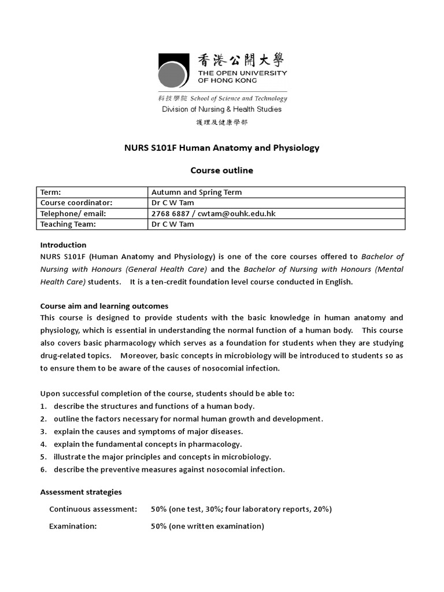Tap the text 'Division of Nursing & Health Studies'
[222, 109]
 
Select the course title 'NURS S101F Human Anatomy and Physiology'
[222, 148]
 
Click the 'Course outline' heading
[222, 171]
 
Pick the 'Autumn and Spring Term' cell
[196, 193]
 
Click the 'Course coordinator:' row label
[75, 203]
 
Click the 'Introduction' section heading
[63, 245]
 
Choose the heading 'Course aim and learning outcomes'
[104, 306]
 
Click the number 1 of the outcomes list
[43, 406]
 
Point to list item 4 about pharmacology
[147, 444]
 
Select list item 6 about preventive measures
[169, 469]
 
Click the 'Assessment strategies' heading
[81, 492]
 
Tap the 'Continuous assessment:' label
[93, 509]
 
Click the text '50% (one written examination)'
[208, 526]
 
